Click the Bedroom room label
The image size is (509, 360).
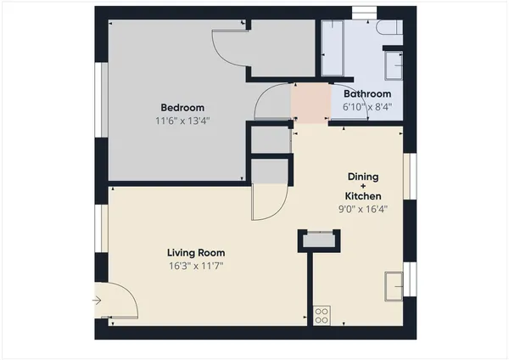183,107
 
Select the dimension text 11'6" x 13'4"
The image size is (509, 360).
182,121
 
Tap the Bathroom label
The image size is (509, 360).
366,93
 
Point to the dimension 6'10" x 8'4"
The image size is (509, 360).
366,107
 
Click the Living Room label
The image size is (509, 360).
195,252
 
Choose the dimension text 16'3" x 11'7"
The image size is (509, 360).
195,266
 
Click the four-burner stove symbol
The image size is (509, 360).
322,315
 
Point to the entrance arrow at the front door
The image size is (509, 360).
98,300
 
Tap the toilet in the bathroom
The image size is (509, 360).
389,29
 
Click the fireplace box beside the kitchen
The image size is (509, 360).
319,241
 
